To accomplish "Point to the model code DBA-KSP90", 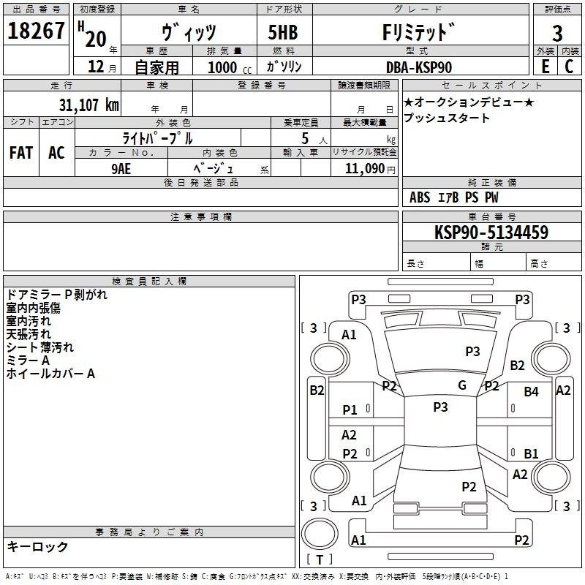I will [419, 67].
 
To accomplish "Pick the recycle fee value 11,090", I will [363, 167].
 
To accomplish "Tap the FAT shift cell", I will [21, 153].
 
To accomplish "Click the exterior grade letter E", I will [545, 67].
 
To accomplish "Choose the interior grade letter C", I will [568, 67].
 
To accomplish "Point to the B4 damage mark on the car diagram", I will [531, 392].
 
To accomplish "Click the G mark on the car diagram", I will [462, 385].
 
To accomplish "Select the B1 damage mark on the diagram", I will [531, 453].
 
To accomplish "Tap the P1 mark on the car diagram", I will [350, 410].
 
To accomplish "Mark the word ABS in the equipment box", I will [420, 197].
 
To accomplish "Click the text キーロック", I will [37, 547].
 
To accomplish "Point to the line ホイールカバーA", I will [50, 374].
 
